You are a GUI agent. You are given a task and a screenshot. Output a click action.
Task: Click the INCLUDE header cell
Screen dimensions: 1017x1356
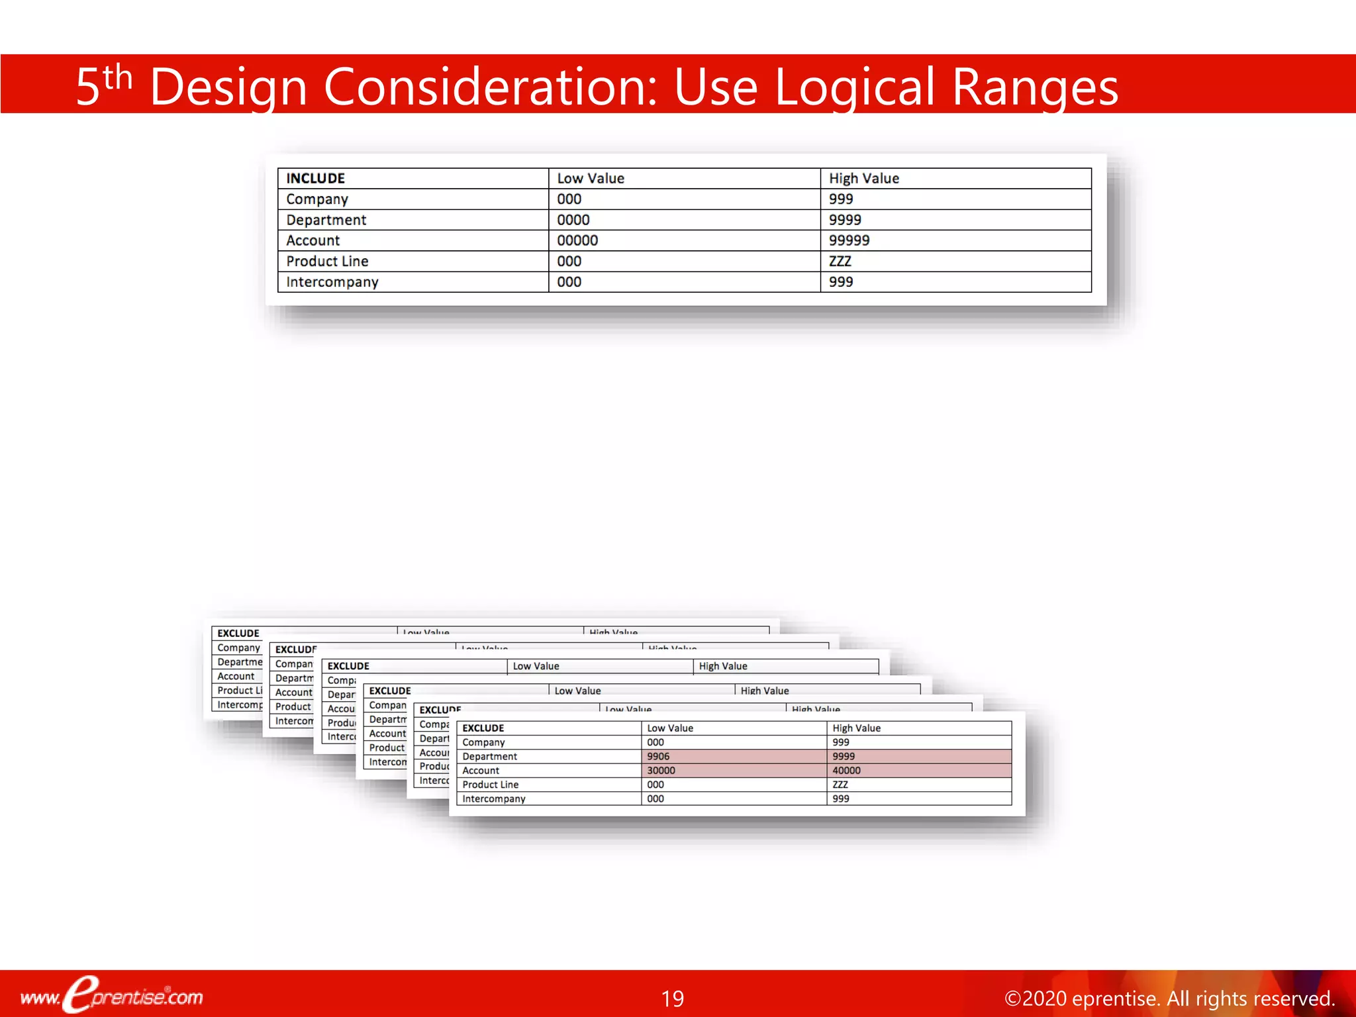click(x=315, y=178)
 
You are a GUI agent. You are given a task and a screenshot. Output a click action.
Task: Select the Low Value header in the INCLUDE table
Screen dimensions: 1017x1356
click(x=590, y=178)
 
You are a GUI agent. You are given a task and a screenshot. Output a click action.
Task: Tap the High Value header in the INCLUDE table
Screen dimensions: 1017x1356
click(x=863, y=178)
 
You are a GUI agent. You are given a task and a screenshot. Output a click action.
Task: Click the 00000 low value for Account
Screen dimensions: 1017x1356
click(x=577, y=240)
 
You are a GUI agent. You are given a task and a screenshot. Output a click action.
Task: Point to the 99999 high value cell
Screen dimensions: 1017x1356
click(x=849, y=240)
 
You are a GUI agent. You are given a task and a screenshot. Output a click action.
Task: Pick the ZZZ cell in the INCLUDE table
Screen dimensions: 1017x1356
click(x=840, y=261)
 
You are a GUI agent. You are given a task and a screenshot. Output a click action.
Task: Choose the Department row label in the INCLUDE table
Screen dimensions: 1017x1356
click(x=326, y=220)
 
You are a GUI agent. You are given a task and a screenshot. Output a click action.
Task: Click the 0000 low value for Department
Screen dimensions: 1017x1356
click(x=573, y=220)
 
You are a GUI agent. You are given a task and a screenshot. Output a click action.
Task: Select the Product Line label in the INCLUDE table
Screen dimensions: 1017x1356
click(x=327, y=261)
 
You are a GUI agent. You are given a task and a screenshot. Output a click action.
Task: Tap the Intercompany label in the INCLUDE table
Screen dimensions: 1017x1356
click(x=332, y=282)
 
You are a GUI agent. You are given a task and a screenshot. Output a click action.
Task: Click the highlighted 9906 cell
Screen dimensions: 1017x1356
click(x=658, y=756)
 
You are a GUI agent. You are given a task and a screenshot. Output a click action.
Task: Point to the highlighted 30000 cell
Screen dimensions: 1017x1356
click(x=661, y=770)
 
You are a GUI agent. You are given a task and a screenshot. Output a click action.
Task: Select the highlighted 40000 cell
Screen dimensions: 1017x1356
click(x=846, y=770)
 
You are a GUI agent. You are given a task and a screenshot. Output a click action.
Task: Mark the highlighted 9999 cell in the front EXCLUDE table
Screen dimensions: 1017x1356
click(x=844, y=756)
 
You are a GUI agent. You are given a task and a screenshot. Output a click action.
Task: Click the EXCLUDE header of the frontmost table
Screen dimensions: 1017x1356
click(x=483, y=728)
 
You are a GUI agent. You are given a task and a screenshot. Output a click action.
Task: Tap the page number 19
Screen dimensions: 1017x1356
click(x=672, y=998)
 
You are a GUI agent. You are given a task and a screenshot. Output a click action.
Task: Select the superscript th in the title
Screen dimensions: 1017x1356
click(x=118, y=77)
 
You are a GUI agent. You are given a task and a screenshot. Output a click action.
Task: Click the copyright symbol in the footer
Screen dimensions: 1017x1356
click(x=1013, y=998)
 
